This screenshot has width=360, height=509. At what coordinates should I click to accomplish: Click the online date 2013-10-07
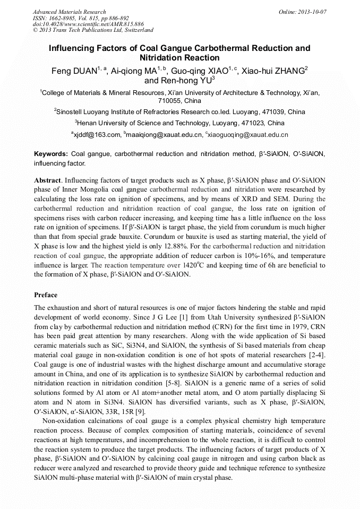[x=312, y=12]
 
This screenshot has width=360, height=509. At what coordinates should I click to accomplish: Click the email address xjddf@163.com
[x=97, y=135]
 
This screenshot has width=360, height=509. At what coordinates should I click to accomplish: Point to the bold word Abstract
[x=47, y=180]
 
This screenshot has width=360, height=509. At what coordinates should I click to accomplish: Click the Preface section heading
[x=46, y=295]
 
